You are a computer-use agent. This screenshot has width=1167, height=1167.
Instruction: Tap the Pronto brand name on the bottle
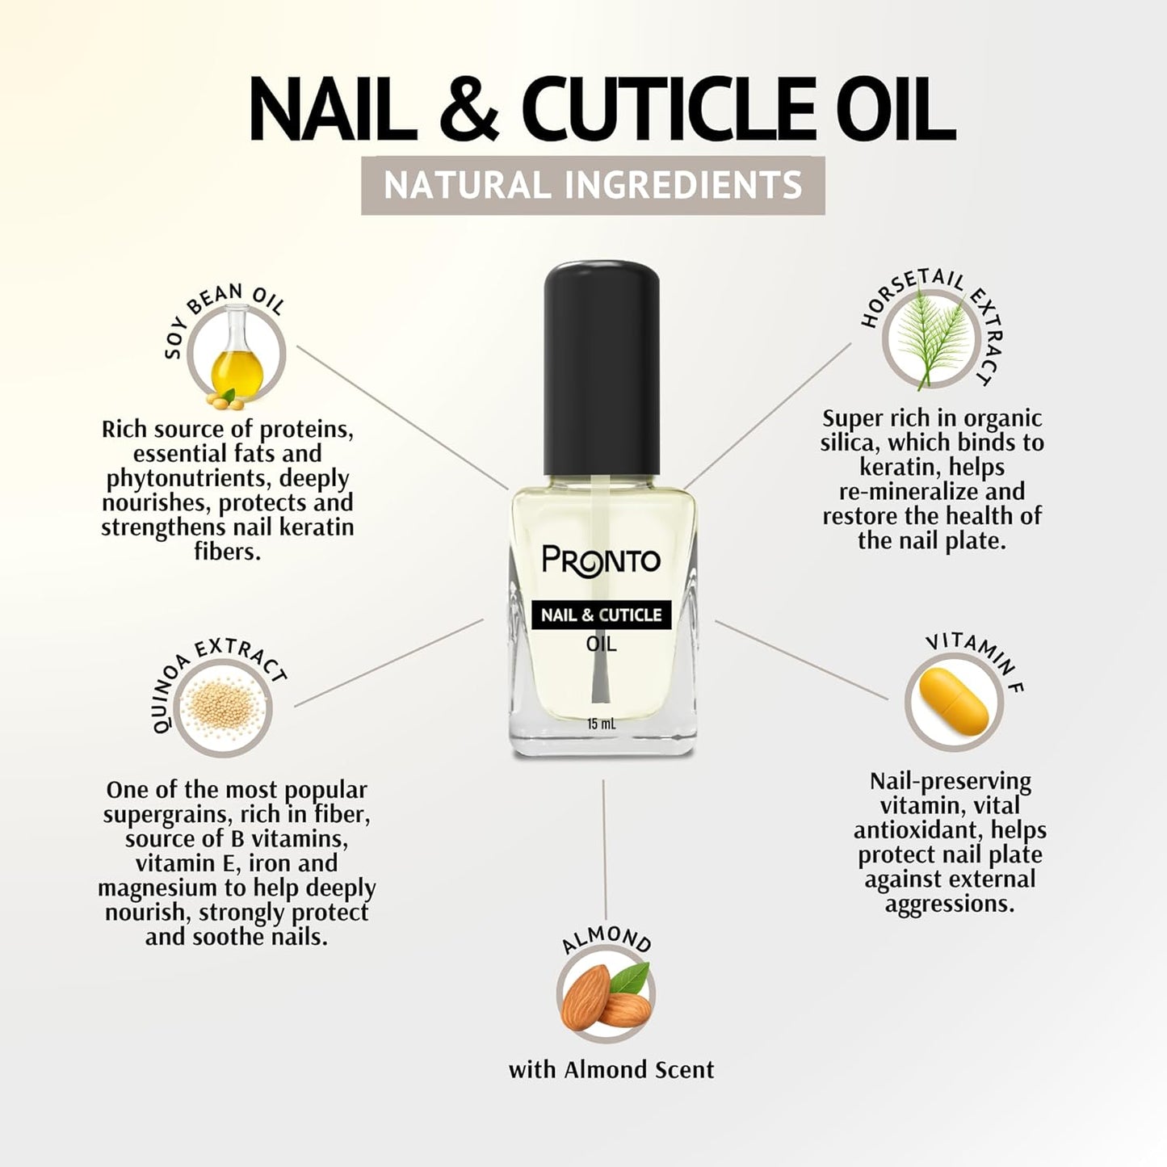tap(601, 560)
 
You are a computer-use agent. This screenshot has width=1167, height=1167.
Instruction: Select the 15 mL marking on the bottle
tap(602, 724)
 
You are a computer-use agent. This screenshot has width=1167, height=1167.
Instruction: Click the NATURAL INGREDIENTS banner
tap(593, 186)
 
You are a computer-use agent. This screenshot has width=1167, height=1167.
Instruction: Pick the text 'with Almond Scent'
tap(611, 1070)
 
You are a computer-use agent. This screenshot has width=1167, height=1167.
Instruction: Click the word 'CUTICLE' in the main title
tap(667, 110)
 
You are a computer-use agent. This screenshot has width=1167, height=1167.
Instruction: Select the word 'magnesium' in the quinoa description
tap(170, 888)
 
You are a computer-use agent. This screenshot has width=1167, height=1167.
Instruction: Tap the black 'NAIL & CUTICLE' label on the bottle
tap(601, 615)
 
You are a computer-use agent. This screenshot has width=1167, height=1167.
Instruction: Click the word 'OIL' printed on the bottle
tap(601, 644)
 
